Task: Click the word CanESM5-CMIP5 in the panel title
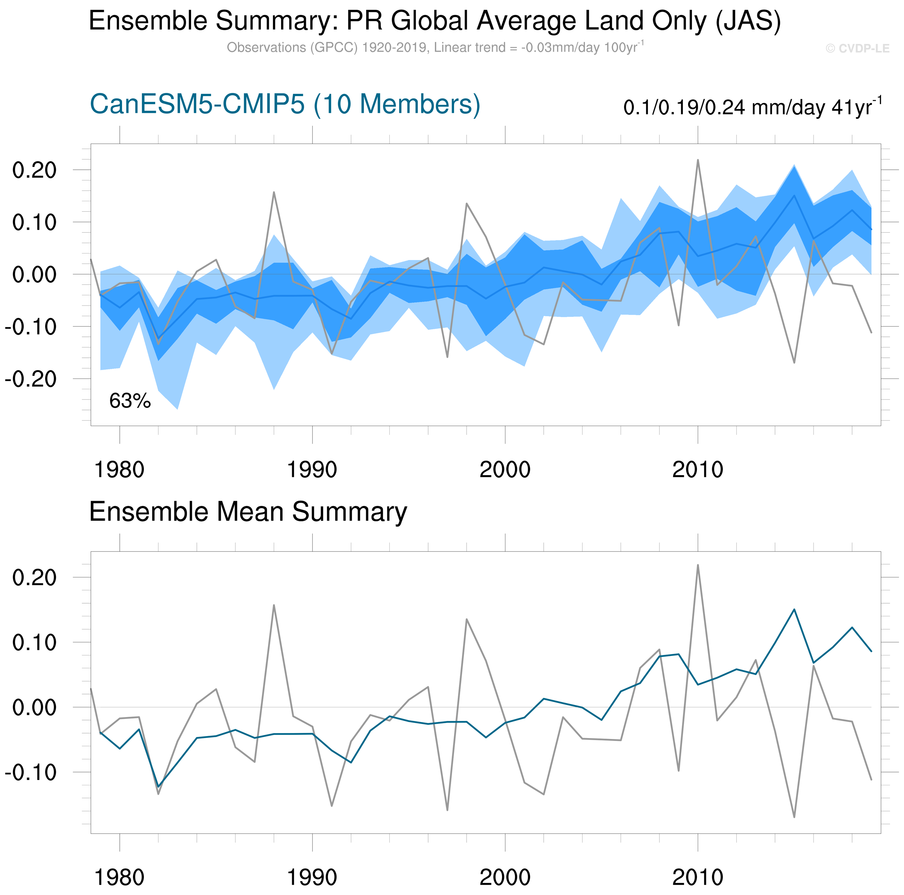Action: [197, 104]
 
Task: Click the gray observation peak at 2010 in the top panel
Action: [698, 160]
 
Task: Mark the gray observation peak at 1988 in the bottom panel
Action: [274, 605]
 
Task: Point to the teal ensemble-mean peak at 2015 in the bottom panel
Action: [794, 610]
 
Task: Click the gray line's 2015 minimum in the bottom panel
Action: [794, 817]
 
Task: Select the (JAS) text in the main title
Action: [748, 21]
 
